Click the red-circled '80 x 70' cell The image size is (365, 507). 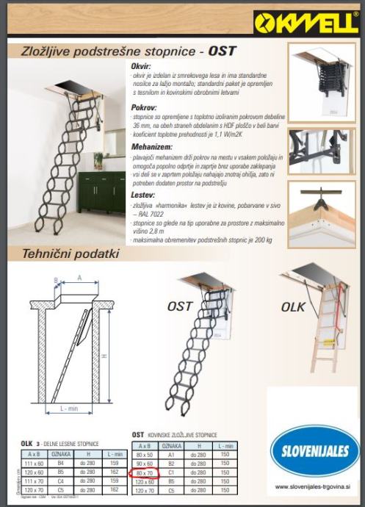pos(144,472)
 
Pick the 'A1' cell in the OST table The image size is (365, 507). pos(171,456)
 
